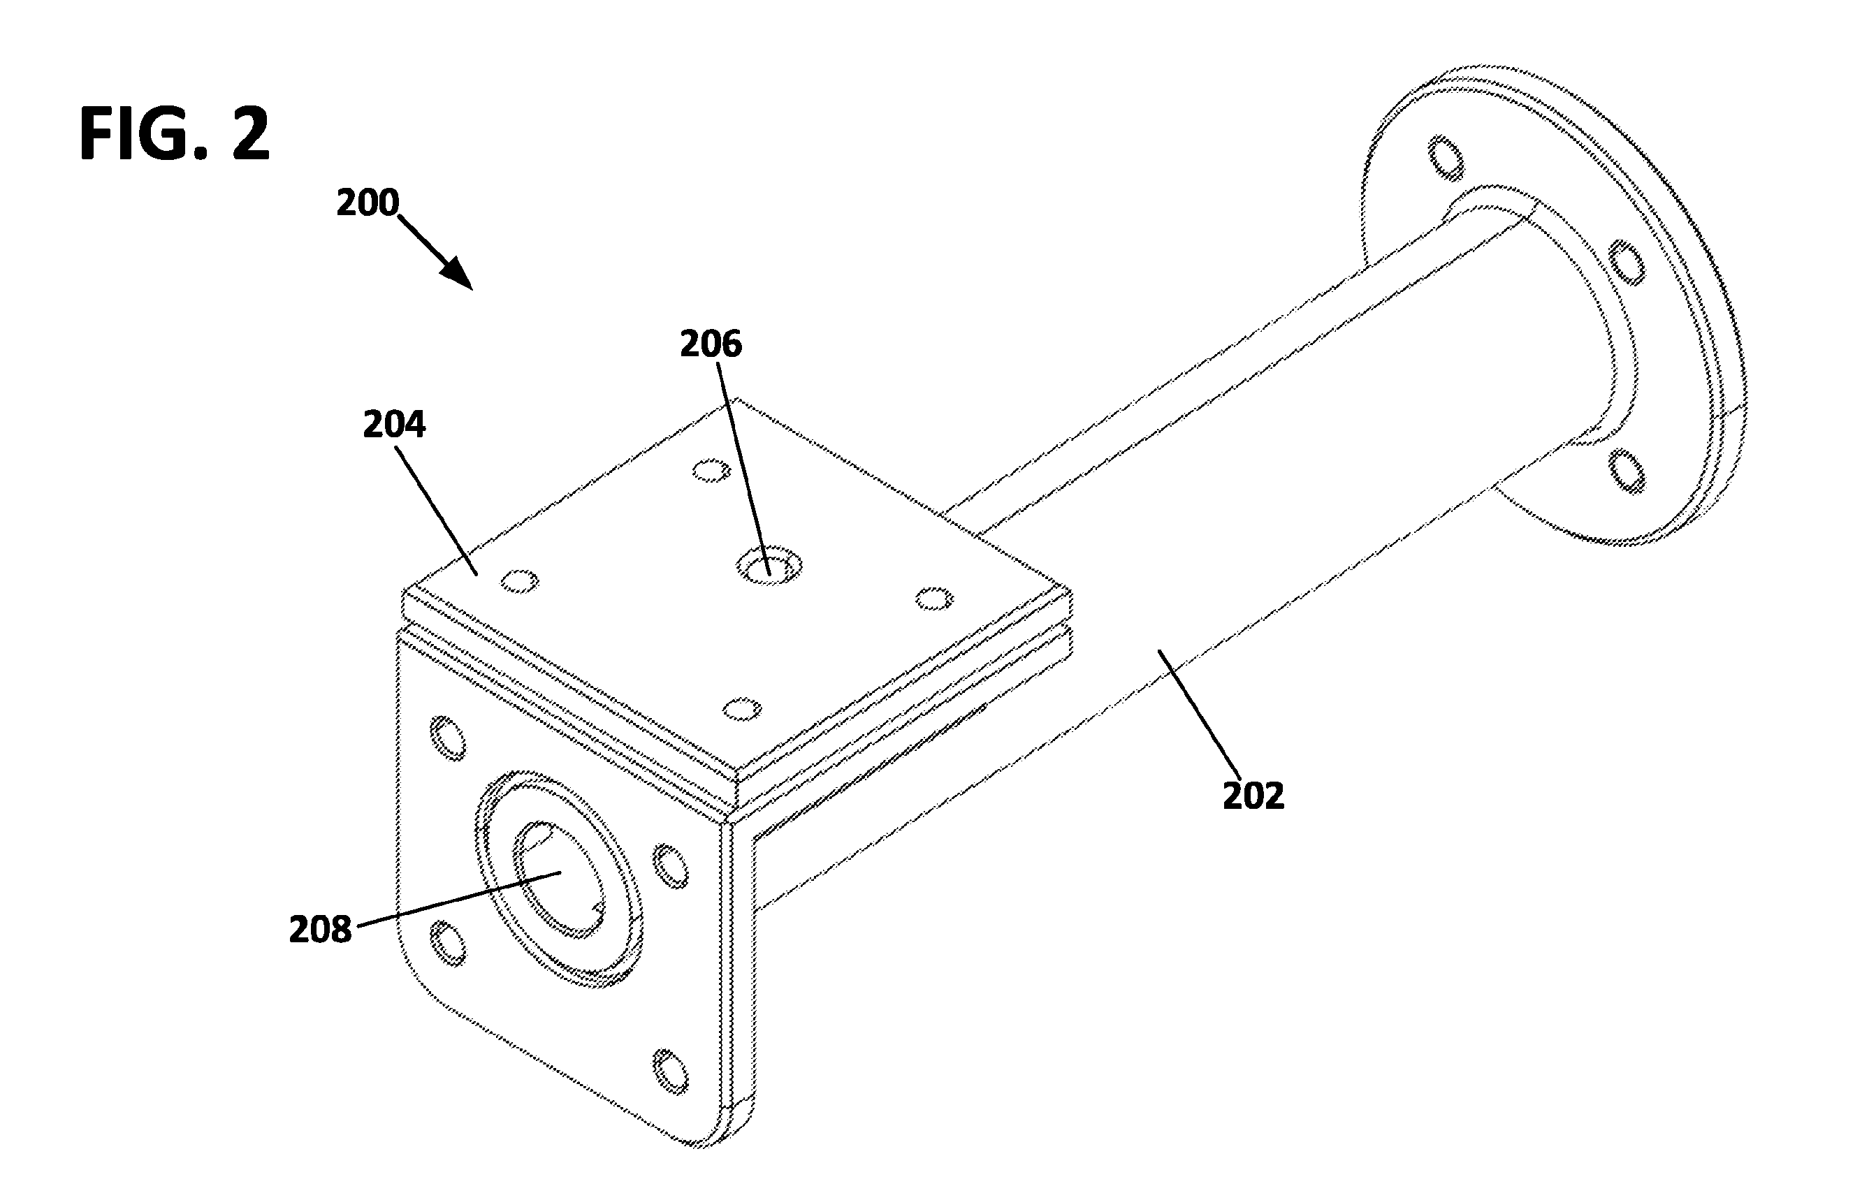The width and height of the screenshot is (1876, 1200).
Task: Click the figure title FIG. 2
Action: coord(175,134)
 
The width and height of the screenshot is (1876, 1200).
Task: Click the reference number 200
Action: coord(367,203)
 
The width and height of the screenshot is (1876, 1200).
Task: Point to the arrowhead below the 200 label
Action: coord(458,275)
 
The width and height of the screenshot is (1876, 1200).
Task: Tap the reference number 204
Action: coord(394,425)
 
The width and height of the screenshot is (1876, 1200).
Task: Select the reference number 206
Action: coord(711,344)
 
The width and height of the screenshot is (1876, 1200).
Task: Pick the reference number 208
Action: coord(320,930)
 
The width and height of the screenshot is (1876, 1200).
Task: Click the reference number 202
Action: coord(1253,796)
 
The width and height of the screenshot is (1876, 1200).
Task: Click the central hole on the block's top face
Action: coord(769,565)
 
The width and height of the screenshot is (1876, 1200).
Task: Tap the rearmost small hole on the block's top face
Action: coord(711,470)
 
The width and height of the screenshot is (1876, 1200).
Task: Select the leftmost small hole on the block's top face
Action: coord(520,581)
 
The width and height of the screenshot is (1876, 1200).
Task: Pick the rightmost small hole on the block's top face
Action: coord(933,599)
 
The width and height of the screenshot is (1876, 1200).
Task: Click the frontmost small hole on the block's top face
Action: coord(742,710)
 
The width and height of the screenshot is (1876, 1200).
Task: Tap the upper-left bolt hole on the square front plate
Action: coord(448,737)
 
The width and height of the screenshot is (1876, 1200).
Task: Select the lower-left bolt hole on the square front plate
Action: coord(448,944)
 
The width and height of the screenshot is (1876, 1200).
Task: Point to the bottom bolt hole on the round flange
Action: coord(1627,471)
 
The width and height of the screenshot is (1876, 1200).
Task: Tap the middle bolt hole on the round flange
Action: coord(1627,263)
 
